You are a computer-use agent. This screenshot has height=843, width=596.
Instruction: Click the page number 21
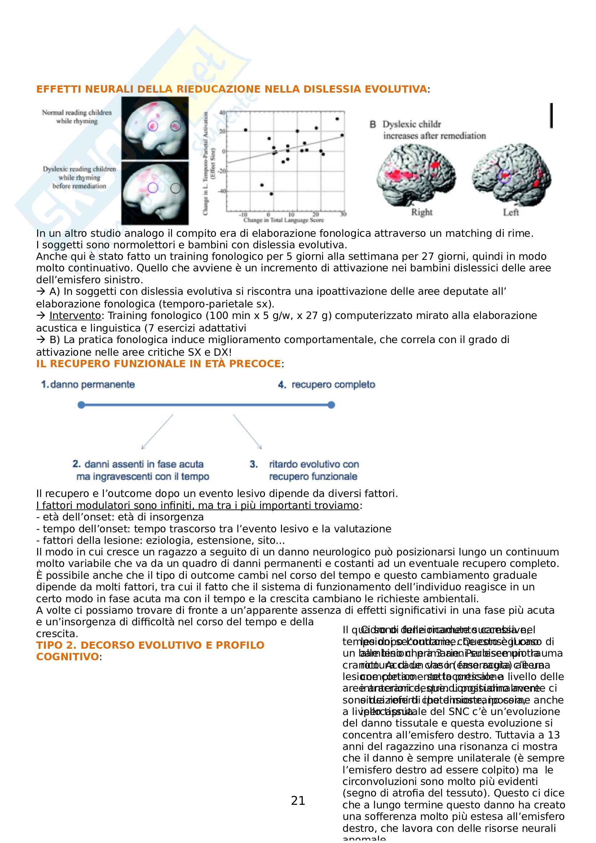click(298, 800)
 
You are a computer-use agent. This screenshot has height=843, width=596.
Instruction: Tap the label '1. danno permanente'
click(88, 385)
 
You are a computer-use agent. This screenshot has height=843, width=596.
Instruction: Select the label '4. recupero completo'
click(326, 385)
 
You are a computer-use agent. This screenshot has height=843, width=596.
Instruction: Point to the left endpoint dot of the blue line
click(81, 405)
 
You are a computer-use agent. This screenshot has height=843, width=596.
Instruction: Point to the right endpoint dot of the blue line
click(331, 405)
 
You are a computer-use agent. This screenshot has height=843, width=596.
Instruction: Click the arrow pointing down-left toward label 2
click(157, 431)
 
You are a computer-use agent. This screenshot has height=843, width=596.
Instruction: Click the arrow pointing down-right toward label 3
click(247, 431)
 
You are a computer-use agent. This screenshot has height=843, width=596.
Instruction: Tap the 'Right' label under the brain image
click(421, 212)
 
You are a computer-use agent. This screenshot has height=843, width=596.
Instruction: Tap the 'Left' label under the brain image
click(511, 212)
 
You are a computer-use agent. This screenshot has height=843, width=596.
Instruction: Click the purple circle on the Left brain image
click(504, 176)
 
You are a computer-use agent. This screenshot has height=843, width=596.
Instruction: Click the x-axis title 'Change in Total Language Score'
click(283, 220)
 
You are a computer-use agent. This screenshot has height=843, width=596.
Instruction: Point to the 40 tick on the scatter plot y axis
click(222, 113)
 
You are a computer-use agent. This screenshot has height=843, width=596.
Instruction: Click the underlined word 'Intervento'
click(75, 316)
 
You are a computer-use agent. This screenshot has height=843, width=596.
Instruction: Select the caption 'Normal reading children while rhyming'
click(77, 117)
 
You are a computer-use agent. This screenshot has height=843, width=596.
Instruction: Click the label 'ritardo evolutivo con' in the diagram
click(314, 465)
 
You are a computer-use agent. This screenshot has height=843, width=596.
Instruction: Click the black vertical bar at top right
click(551, 116)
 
